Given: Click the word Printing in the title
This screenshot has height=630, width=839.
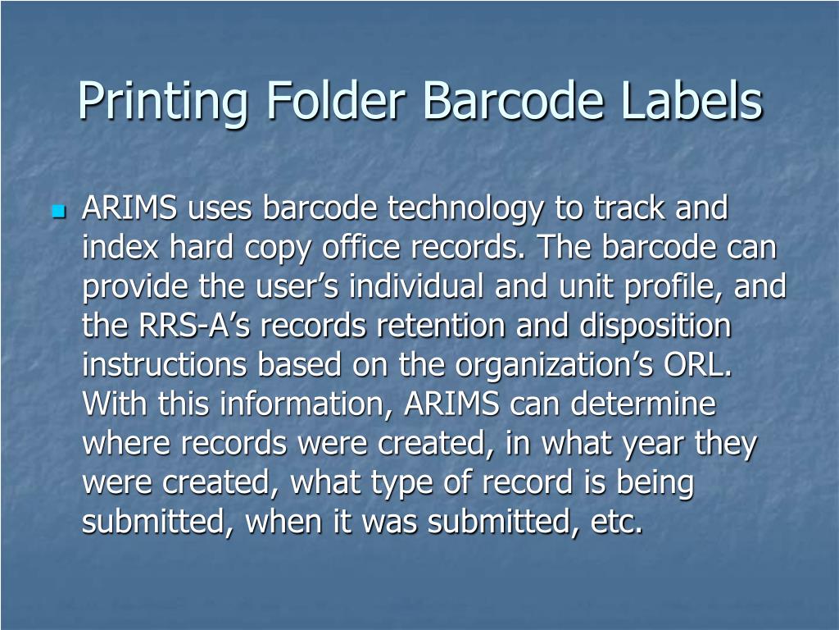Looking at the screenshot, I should coord(159,102).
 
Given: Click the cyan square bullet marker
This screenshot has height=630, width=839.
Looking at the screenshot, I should coord(57,212).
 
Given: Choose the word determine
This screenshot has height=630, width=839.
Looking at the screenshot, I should coord(644,404).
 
